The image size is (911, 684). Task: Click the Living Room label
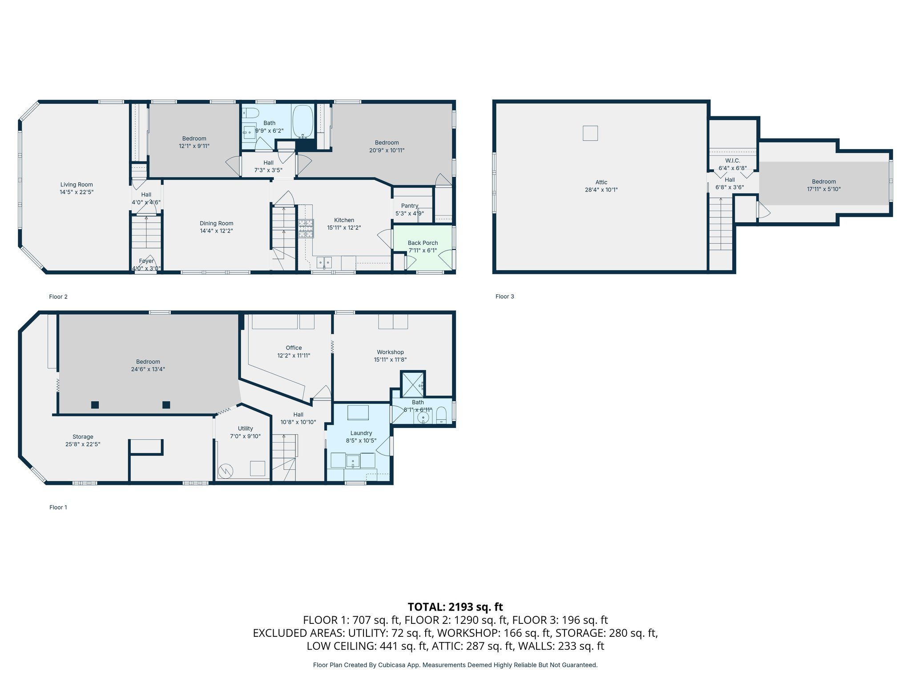pyautogui.click(x=77, y=184)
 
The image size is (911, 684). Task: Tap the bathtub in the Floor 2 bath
pyautogui.click(x=303, y=121)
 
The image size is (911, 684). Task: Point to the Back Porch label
pyautogui.click(x=423, y=243)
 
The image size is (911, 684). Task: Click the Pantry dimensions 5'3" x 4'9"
pyautogui.click(x=409, y=213)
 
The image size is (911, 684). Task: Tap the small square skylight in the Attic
pyautogui.click(x=590, y=133)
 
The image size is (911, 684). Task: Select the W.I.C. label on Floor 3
pyautogui.click(x=732, y=160)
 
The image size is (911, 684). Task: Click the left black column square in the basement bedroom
pyautogui.click(x=95, y=405)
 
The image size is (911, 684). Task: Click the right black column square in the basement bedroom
pyautogui.click(x=166, y=405)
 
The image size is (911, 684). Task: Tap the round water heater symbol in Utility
pyautogui.click(x=226, y=471)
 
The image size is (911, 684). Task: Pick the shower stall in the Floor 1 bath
pyautogui.click(x=413, y=383)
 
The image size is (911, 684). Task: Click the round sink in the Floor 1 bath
pyautogui.click(x=423, y=418)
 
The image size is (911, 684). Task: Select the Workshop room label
pyautogui.click(x=390, y=352)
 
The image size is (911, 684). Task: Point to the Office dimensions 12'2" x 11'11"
pyautogui.click(x=294, y=355)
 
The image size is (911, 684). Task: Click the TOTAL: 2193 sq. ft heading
pyautogui.click(x=455, y=607)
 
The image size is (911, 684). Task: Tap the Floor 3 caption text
pyautogui.click(x=504, y=296)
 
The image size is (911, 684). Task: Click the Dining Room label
pyautogui.click(x=216, y=223)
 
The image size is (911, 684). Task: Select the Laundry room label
pyautogui.click(x=361, y=433)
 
